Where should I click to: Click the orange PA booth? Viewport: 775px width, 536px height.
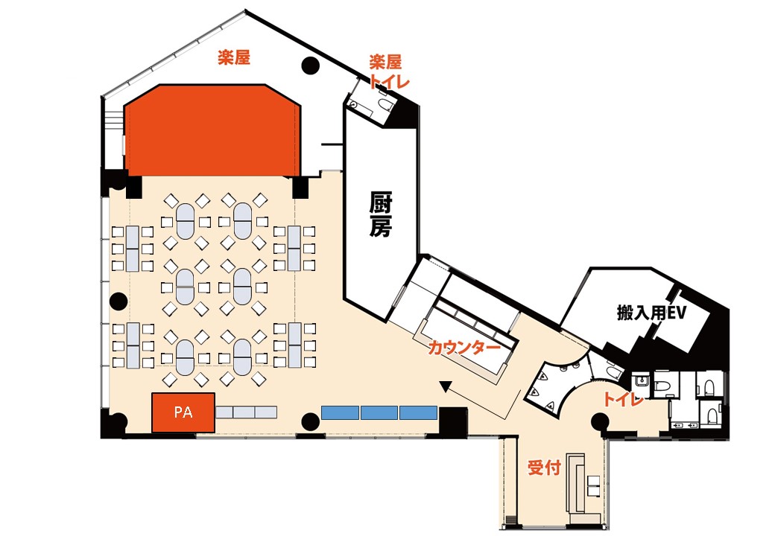183,412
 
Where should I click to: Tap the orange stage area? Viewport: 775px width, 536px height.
212,131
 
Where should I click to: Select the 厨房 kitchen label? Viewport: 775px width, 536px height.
381,216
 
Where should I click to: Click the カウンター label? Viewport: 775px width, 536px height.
464,348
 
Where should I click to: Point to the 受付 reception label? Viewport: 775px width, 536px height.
544,467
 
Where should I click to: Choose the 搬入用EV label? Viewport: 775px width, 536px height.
651,313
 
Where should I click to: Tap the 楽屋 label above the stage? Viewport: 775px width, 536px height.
234,58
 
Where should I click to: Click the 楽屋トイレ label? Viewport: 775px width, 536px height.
388,71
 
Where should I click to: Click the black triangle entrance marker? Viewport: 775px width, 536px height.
446,387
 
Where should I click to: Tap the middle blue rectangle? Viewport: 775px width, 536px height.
379,412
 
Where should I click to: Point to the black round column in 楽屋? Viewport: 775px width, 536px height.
311,66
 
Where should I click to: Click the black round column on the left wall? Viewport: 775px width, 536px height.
118,301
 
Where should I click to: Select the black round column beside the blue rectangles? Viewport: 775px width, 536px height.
311,422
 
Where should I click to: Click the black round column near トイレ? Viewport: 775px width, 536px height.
600,422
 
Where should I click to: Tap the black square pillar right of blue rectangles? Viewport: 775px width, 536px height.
453,421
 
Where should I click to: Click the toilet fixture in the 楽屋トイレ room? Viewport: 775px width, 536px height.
385,103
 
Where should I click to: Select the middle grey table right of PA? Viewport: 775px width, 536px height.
244,412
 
